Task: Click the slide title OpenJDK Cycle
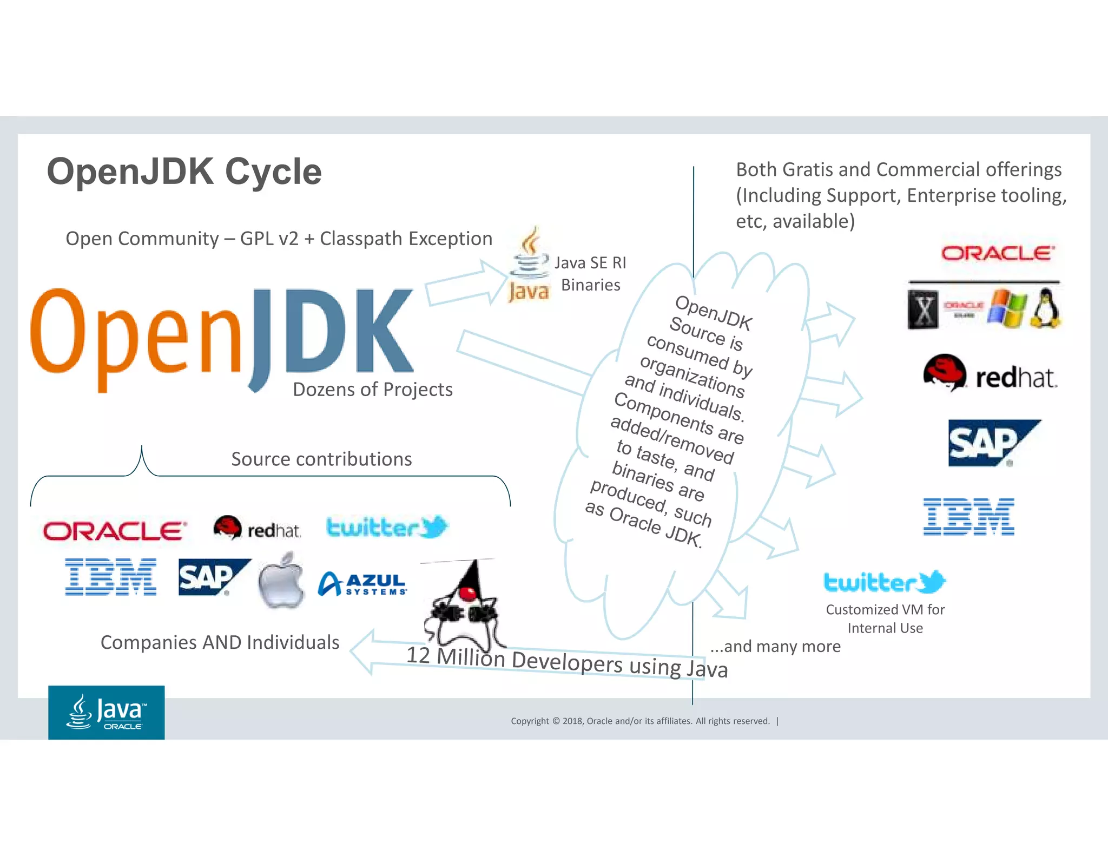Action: click(x=184, y=172)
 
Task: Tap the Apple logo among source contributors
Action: click(x=281, y=582)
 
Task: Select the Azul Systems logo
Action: click(x=362, y=584)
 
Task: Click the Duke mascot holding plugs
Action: click(x=464, y=606)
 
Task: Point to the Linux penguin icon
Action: click(x=1046, y=308)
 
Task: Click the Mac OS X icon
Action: click(x=923, y=310)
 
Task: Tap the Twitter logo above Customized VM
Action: click(x=885, y=582)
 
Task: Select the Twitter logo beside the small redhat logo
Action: click(x=386, y=527)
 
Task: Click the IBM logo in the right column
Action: click(x=968, y=517)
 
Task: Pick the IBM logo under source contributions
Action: click(x=110, y=577)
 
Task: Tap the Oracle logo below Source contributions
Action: click(x=115, y=531)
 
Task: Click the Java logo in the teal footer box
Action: click(x=107, y=712)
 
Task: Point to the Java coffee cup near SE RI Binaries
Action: click(x=529, y=265)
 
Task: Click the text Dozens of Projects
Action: click(x=372, y=390)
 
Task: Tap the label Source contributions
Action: click(x=321, y=459)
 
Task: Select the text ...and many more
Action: click(x=775, y=647)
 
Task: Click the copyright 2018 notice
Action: click(x=640, y=721)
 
